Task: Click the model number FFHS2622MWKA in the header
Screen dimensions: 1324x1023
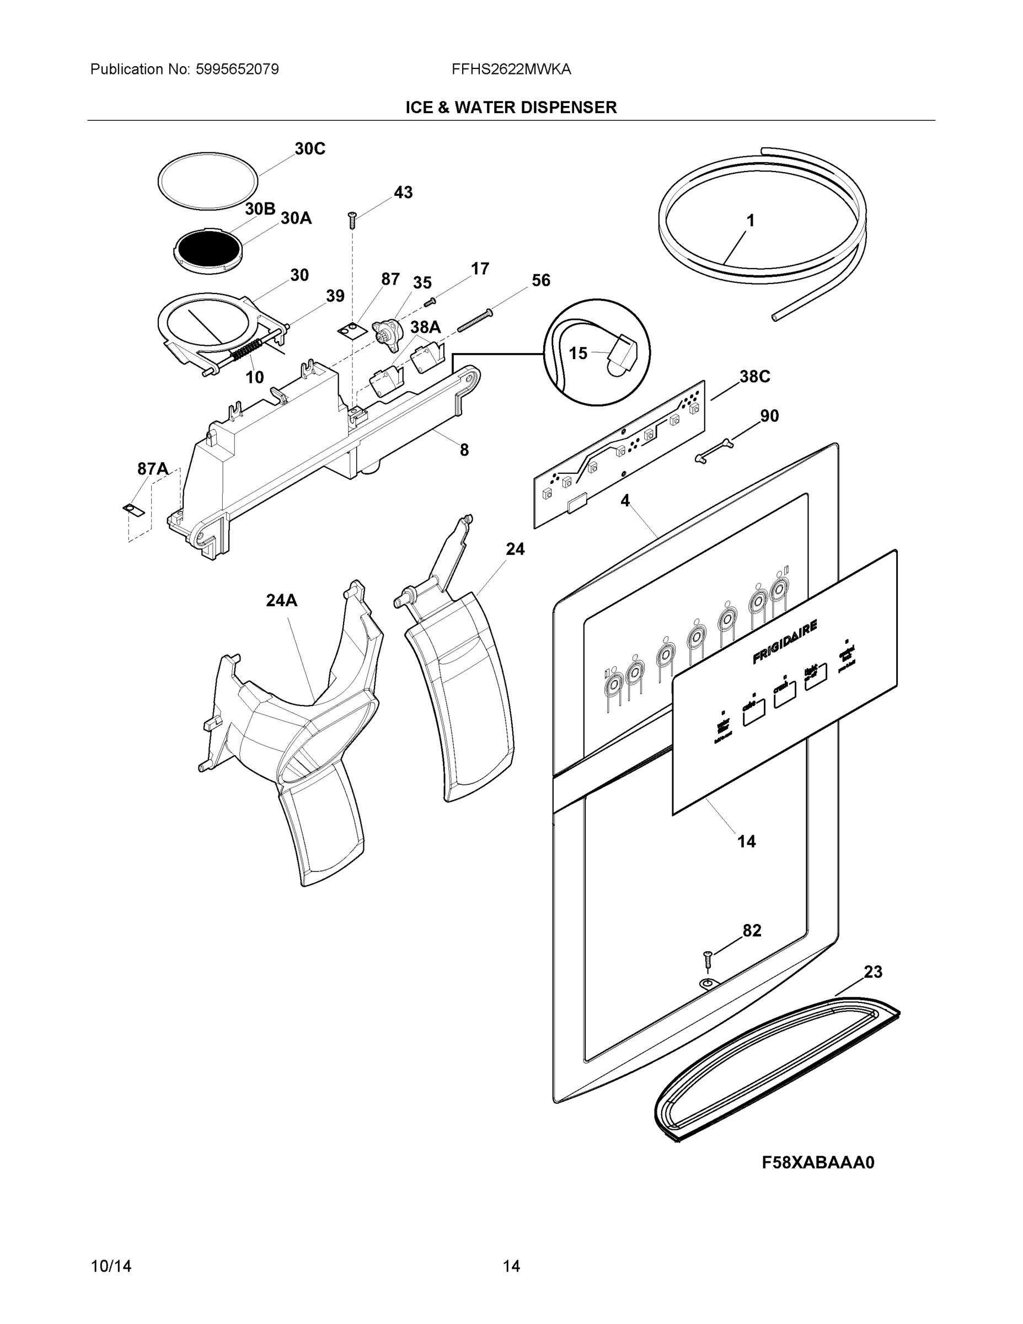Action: [x=511, y=70]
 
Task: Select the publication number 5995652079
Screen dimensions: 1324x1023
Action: [x=237, y=70]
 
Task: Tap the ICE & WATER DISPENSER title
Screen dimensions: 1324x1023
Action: [x=511, y=108]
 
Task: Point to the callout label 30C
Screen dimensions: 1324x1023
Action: [x=310, y=149]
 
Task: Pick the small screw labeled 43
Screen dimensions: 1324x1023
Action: [x=351, y=219]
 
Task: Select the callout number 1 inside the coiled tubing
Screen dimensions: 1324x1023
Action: [x=750, y=221]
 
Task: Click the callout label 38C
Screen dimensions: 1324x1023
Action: [x=754, y=377]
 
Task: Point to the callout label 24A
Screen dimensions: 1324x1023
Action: [x=281, y=601]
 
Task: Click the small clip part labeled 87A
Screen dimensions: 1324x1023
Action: [x=134, y=509]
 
